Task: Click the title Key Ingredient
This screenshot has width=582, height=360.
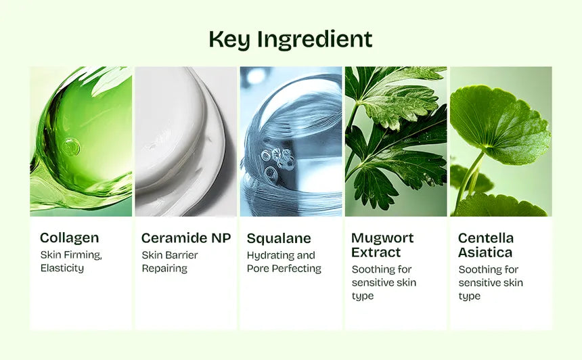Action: coord(290,39)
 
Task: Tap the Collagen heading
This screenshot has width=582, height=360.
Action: coord(69,238)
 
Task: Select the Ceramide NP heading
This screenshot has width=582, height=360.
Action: coord(185,238)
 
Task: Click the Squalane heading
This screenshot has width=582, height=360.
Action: coord(279,238)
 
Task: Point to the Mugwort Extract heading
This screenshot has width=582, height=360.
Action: coord(382,245)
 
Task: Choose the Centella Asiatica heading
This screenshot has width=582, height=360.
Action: coord(485,245)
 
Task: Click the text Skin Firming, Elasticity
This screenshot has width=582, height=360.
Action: coord(70,261)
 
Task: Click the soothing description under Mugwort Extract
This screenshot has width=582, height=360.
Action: coord(384,282)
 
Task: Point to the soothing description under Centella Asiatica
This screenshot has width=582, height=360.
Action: coord(491,282)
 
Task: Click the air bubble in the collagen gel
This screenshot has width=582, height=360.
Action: coord(70,145)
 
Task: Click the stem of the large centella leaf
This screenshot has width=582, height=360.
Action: coord(471,176)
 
